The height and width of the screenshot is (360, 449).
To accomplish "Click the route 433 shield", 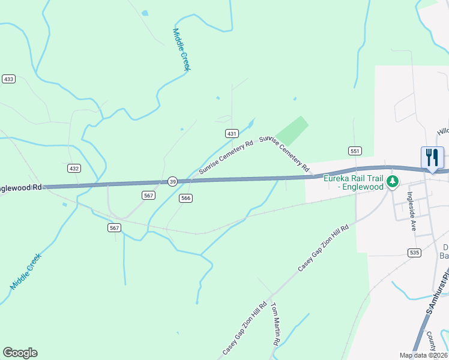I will click(x=8, y=79).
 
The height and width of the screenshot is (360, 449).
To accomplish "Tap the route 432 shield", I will click(x=74, y=169).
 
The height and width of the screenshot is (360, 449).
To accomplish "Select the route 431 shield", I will click(x=232, y=133).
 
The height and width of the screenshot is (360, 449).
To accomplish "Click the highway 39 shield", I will click(x=172, y=182).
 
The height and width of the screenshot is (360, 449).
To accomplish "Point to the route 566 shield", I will click(x=185, y=199).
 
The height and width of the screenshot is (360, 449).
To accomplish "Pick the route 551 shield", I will click(x=354, y=151).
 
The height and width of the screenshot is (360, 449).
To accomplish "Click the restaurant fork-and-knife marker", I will click(x=432, y=157).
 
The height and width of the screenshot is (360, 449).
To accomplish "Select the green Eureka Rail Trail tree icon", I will click(x=393, y=181).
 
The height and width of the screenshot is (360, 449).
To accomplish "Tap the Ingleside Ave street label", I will click(x=412, y=211).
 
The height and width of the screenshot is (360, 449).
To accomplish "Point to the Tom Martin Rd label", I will click(x=276, y=324).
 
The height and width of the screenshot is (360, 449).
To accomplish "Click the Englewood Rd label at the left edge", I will click(x=21, y=187).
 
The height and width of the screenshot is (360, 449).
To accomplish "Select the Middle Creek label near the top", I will click(x=181, y=50).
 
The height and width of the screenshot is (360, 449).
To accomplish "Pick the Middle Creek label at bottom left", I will click(x=26, y=272).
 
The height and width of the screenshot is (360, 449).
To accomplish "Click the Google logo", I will click(x=20, y=353).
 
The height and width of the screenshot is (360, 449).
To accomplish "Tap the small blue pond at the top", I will click(x=144, y=13).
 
